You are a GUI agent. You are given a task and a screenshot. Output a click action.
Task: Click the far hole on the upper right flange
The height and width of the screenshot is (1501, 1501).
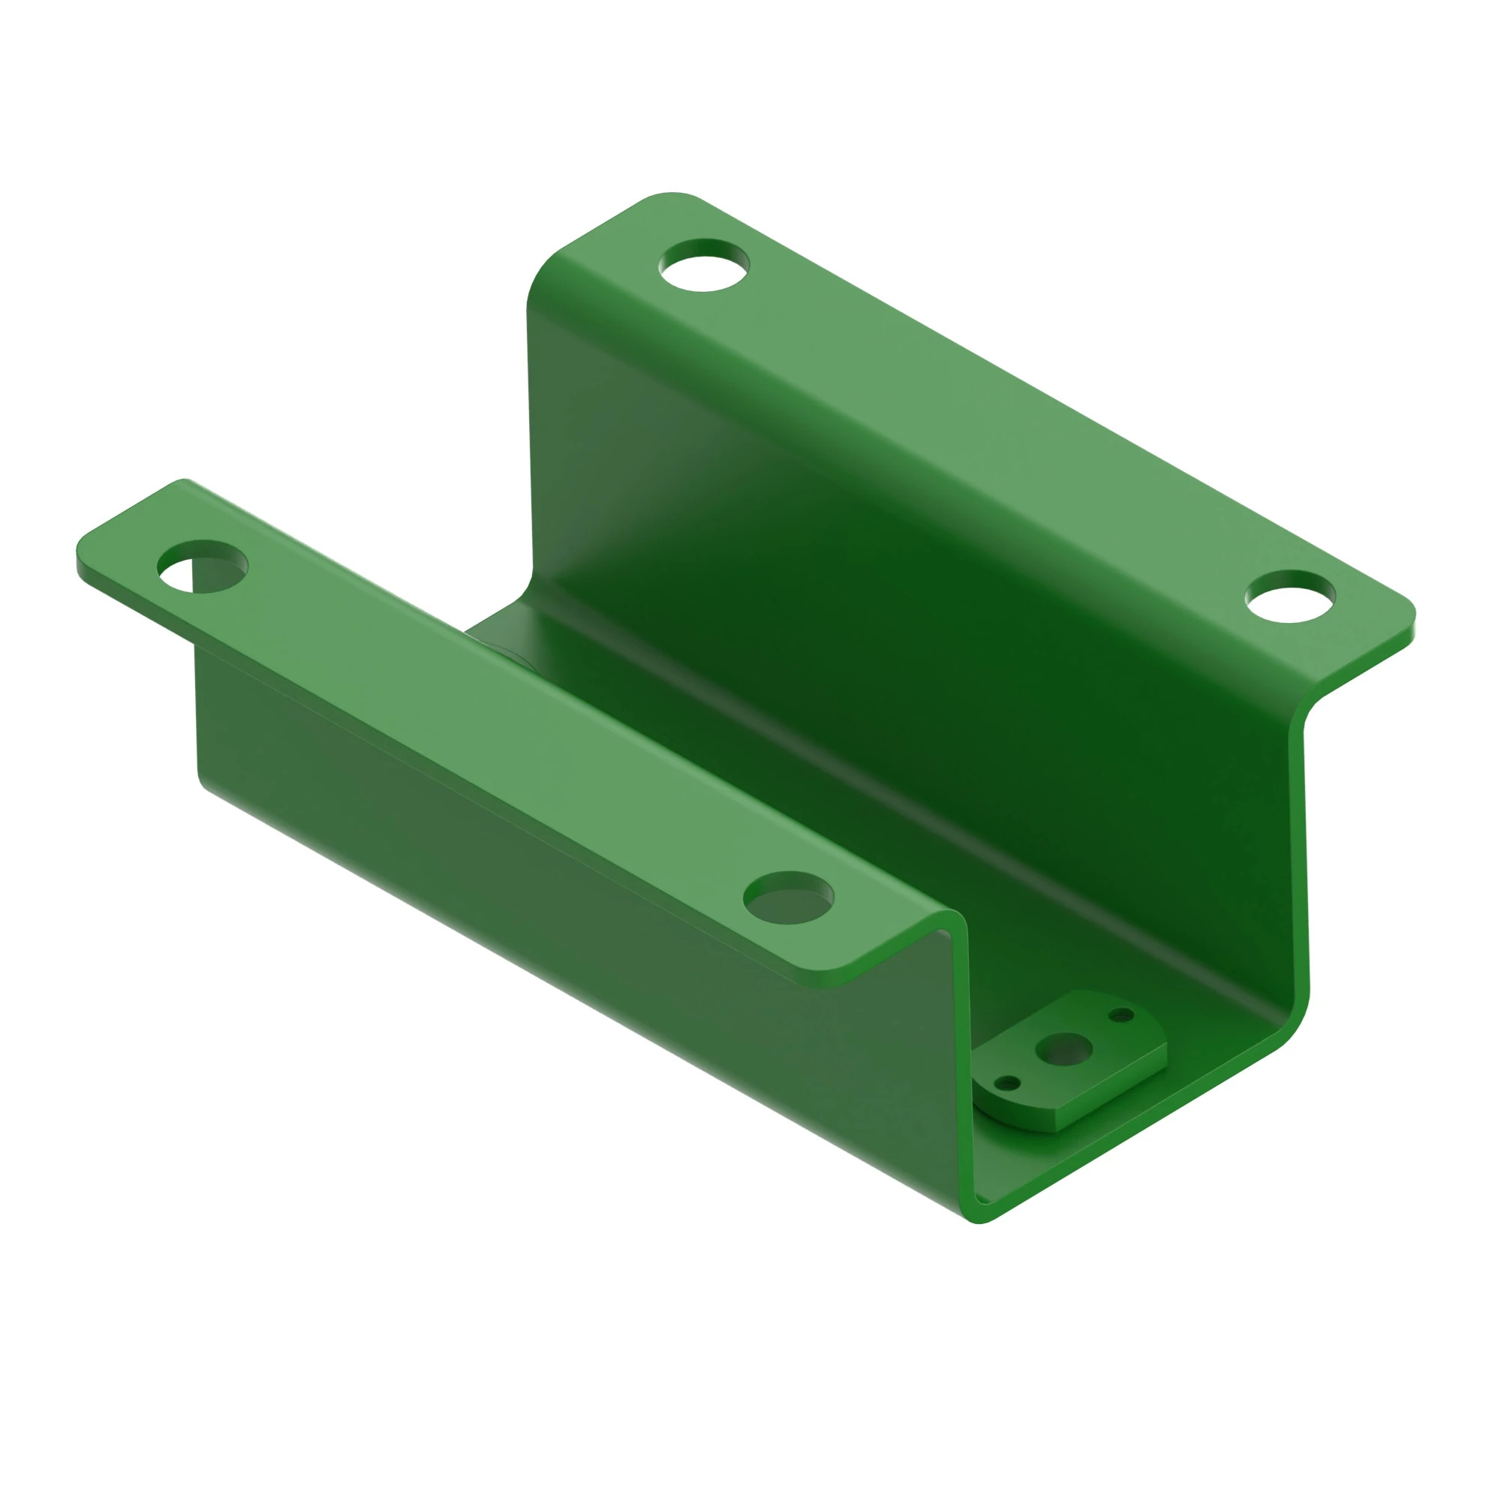(x=704, y=265)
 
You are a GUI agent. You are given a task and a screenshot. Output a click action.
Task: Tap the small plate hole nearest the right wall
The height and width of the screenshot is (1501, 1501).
(x=1121, y=1015)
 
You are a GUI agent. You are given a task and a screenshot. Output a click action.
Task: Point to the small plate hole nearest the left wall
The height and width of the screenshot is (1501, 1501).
(x=1008, y=1082)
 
